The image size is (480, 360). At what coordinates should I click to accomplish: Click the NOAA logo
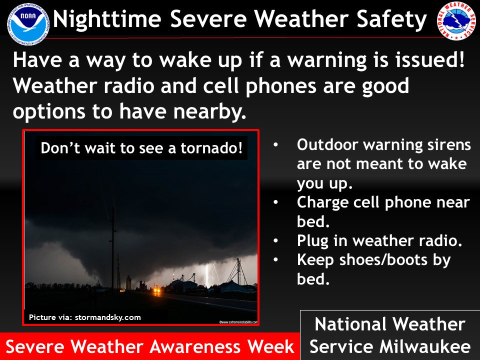pyautogui.click(x=28, y=21)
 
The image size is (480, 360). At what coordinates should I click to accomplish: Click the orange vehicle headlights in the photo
pyautogui.click(x=156, y=289)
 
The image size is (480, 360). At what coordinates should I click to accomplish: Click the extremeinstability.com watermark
pyautogui.click(x=238, y=322)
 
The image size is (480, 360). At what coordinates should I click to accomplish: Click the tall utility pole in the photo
pyautogui.click(x=113, y=240)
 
